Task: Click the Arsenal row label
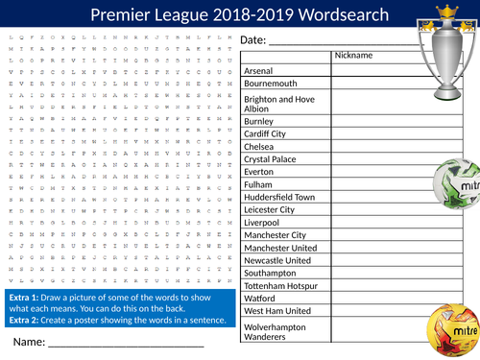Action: [x=259, y=70]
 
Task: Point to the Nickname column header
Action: [x=352, y=56]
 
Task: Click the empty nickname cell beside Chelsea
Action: [x=375, y=146]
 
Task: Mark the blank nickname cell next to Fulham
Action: [x=375, y=183]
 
